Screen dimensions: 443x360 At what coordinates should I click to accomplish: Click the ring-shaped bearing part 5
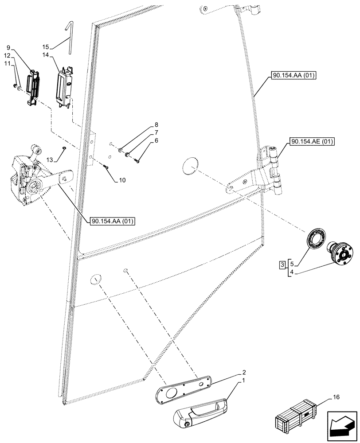(316, 241)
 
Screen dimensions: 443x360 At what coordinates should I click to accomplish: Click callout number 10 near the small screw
(122, 180)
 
